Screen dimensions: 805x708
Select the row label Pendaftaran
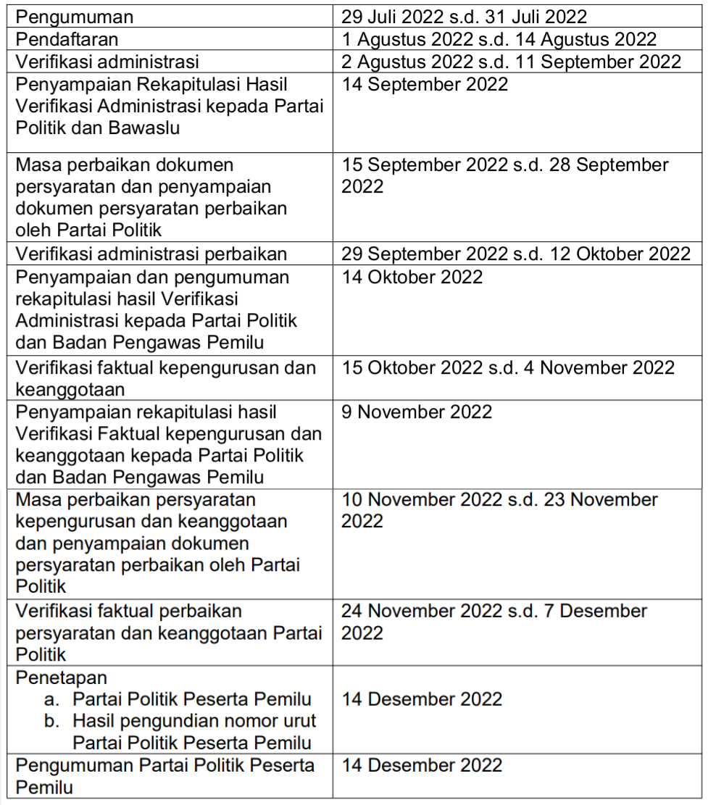(67, 38)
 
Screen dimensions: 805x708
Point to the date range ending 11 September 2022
(512, 62)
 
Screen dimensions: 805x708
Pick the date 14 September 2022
(425, 84)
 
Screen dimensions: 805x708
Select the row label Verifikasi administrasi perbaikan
(151, 254)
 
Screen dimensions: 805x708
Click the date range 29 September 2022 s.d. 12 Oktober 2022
(516, 254)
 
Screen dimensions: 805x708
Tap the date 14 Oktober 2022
(412, 277)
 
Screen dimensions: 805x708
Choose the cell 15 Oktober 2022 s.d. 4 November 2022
(508, 367)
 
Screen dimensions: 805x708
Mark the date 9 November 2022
(417, 412)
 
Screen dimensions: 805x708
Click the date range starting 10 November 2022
(499, 510)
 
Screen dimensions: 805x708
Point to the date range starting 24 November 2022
(494, 622)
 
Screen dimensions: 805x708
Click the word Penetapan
(61, 677)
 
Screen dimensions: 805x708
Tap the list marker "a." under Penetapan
(51, 699)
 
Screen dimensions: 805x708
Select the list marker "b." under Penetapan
(51, 722)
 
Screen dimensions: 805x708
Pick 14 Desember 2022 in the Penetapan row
(422, 699)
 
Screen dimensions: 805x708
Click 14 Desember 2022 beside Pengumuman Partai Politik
(422, 766)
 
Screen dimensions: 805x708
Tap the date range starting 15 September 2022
(504, 175)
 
